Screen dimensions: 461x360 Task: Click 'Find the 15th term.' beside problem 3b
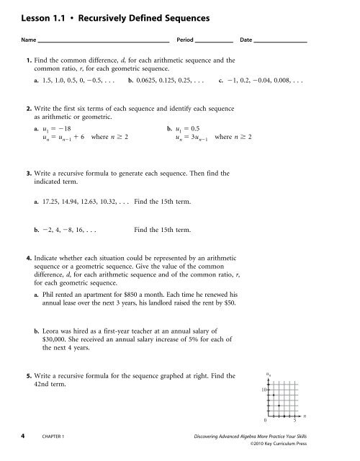(x=162, y=230)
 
